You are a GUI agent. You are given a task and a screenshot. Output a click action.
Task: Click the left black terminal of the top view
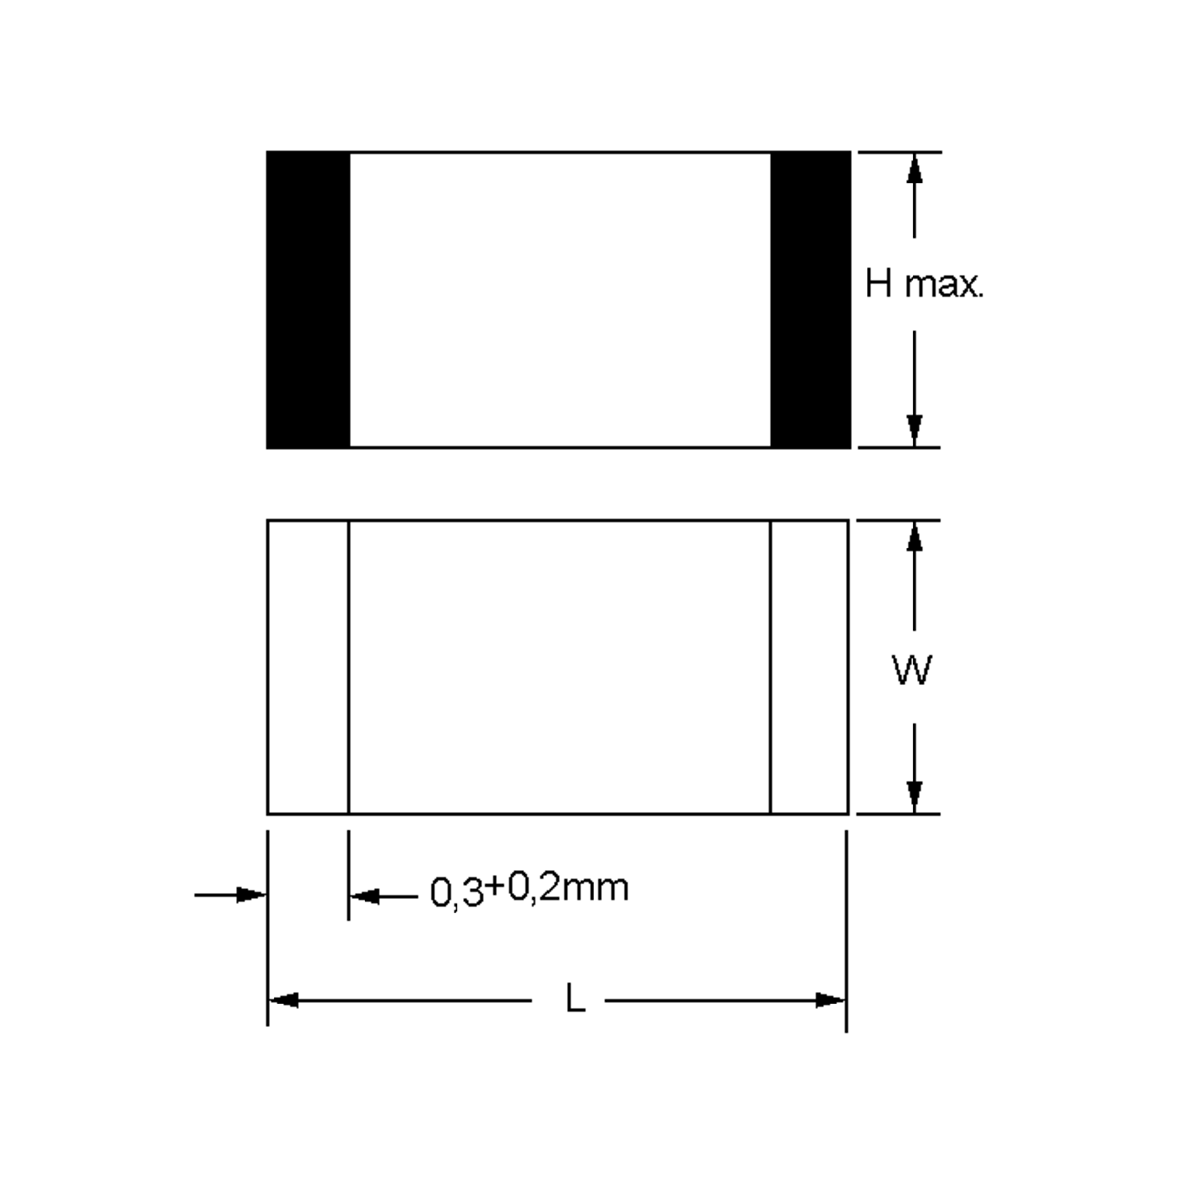point(308,300)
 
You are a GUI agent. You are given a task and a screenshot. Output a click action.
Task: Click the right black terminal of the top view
point(811,300)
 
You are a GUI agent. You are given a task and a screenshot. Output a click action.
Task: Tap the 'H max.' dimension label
point(923,284)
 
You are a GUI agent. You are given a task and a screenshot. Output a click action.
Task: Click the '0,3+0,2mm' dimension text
point(529,890)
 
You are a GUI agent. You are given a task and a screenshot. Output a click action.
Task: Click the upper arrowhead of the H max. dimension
point(914,170)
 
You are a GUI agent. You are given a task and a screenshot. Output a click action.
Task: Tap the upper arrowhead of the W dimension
point(914,538)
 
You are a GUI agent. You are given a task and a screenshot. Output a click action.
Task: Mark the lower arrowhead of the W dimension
point(914,796)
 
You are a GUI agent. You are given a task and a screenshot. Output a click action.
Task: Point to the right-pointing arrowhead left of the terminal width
point(251,895)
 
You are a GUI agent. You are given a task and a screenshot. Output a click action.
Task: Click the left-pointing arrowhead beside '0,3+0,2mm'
point(365,896)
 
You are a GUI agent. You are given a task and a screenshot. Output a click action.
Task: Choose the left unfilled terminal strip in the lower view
point(308,667)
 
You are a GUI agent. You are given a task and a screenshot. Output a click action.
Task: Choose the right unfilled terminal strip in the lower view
point(809,667)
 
